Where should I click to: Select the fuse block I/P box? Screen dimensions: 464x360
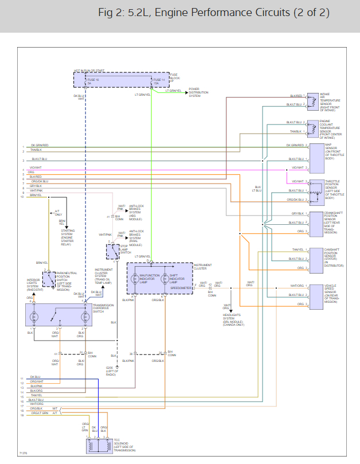pyautogui.click(x=122, y=80)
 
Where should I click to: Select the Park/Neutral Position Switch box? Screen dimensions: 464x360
pyautogui.click(x=49, y=280)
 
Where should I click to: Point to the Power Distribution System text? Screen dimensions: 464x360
pyautogui.click(x=198, y=93)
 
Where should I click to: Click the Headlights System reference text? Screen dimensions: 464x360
pyautogui.click(x=233, y=319)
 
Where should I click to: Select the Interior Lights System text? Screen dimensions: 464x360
pyautogui.click(x=35, y=285)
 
